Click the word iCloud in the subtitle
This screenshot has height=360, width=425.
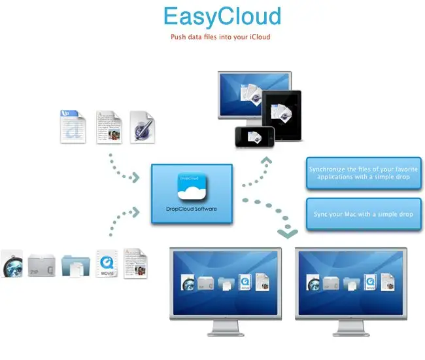pyautogui.click(x=258, y=37)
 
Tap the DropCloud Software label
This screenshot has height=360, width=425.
pyautogui.click(x=192, y=209)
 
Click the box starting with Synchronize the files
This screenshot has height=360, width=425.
pyautogui.click(x=364, y=173)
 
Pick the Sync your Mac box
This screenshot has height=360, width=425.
pyautogui.click(x=364, y=214)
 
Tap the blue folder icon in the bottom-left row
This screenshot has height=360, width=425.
pyautogui.click(x=74, y=264)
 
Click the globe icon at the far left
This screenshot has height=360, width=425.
pyautogui.click(x=12, y=263)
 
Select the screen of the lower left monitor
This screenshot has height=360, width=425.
pyautogui.click(x=225, y=282)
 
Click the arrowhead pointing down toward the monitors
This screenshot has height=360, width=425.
pyautogui.click(x=287, y=232)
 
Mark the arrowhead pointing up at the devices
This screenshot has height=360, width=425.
pyautogui.click(x=266, y=160)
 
